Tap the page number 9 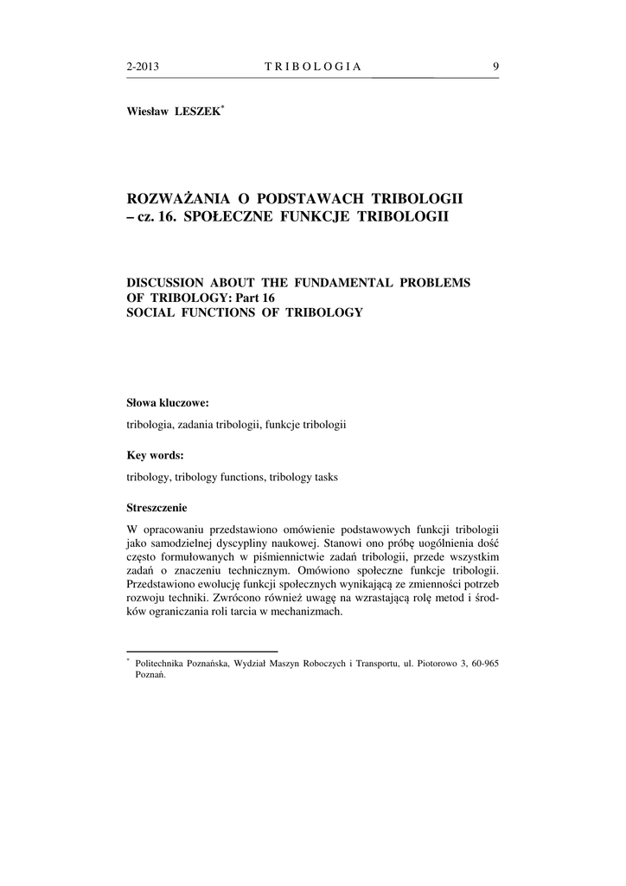495,67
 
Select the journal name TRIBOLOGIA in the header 312,67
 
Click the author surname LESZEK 198,112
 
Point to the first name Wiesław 147,112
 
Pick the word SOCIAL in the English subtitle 150,311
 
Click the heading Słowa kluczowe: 168,402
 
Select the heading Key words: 155,456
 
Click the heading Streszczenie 157,508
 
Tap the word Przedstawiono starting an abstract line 166,584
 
